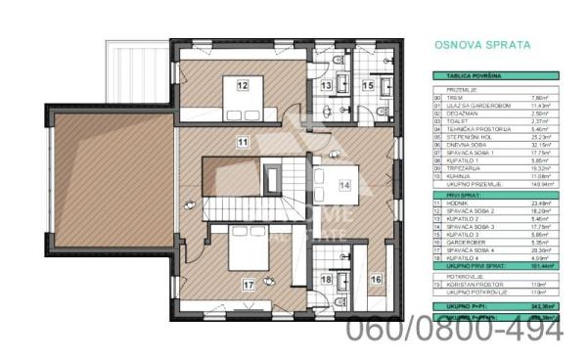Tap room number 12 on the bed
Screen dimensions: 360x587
point(243,85)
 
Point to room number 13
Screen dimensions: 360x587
point(328,86)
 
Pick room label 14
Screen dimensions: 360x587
point(344,183)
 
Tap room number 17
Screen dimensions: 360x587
point(248,285)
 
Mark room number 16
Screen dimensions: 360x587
point(377,279)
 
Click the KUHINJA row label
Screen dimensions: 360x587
point(460,174)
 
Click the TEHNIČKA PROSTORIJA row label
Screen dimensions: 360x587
point(474,130)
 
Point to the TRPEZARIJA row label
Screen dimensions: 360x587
point(464,167)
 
